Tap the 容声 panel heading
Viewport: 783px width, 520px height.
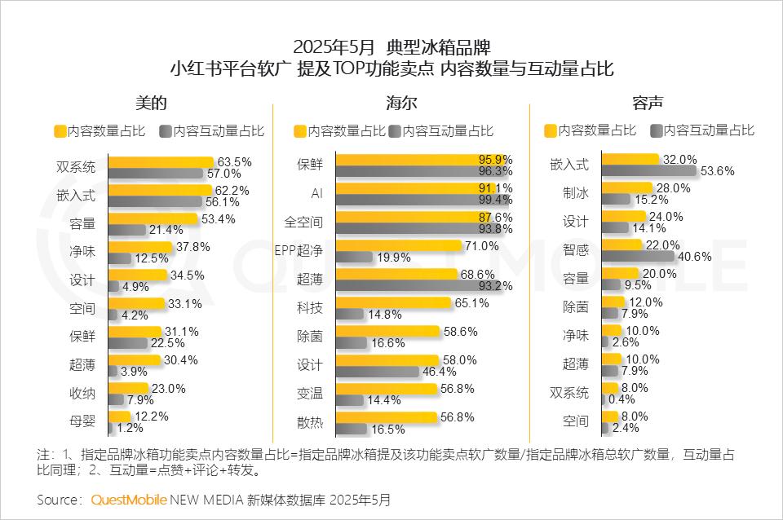click(647, 104)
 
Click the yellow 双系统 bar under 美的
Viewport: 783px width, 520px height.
click(160, 161)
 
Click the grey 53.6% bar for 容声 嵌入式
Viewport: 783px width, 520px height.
click(648, 171)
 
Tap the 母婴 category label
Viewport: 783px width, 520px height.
click(82, 421)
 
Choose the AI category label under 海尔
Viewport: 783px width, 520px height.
click(317, 193)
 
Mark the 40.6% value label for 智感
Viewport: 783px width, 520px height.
click(696, 257)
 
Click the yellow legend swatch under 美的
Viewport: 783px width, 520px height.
click(59, 130)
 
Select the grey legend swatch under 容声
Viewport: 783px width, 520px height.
click(656, 130)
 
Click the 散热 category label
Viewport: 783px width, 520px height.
click(310, 421)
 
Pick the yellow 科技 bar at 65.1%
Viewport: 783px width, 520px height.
click(392, 302)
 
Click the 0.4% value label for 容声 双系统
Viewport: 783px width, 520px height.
click(625, 399)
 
